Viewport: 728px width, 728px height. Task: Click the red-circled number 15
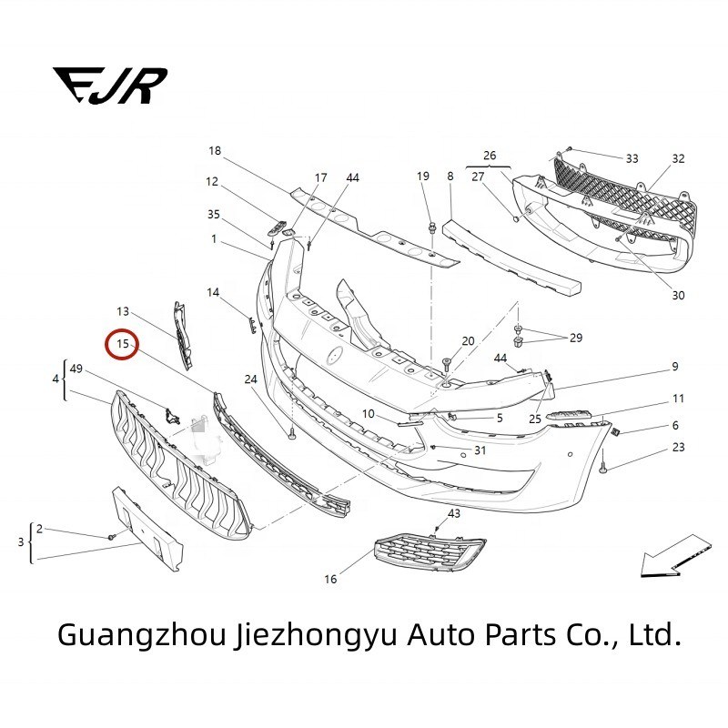click(x=122, y=344)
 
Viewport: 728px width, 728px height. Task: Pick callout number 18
click(x=215, y=150)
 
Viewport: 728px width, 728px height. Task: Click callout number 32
click(x=678, y=158)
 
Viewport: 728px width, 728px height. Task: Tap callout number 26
click(x=490, y=155)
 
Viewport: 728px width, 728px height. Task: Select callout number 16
click(x=330, y=579)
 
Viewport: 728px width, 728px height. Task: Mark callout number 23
click(x=678, y=447)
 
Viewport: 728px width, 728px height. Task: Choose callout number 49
click(x=76, y=369)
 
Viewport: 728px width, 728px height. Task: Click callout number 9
click(x=675, y=367)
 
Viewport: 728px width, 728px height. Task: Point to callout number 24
click(x=250, y=379)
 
